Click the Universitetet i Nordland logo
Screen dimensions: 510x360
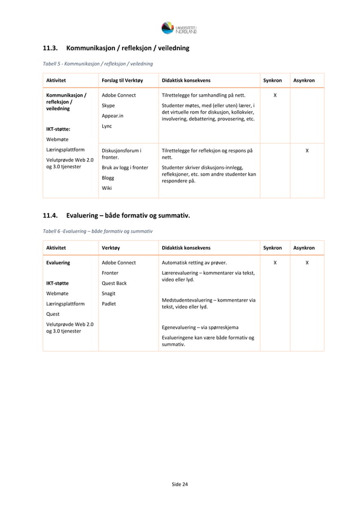pyautogui.click(x=179, y=28)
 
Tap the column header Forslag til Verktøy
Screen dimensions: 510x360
pyautogui.click(x=122, y=81)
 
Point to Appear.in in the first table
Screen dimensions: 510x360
pyautogui.click(x=112, y=116)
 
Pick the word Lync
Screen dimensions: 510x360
pyautogui.click(x=107, y=126)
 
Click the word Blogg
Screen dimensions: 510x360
pyautogui.click(x=108, y=178)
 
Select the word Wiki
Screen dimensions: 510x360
pyautogui.click(x=107, y=188)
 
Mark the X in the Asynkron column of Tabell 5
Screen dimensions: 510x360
pyautogui.click(x=307, y=151)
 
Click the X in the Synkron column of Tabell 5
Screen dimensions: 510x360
pyautogui.click(x=275, y=95)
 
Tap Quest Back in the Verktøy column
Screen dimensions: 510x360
pyautogui.click(x=114, y=283)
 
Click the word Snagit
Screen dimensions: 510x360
pyautogui.click(x=109, y=293)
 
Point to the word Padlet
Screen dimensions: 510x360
pyautogui.click(x=109, y=303)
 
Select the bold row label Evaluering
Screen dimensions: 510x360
pyautogui.click(x=58, y=263)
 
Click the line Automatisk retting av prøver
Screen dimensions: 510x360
pyautogui.click(x=195, y=263)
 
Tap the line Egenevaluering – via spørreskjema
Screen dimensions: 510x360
pyautogui.click(x=200, y=327)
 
